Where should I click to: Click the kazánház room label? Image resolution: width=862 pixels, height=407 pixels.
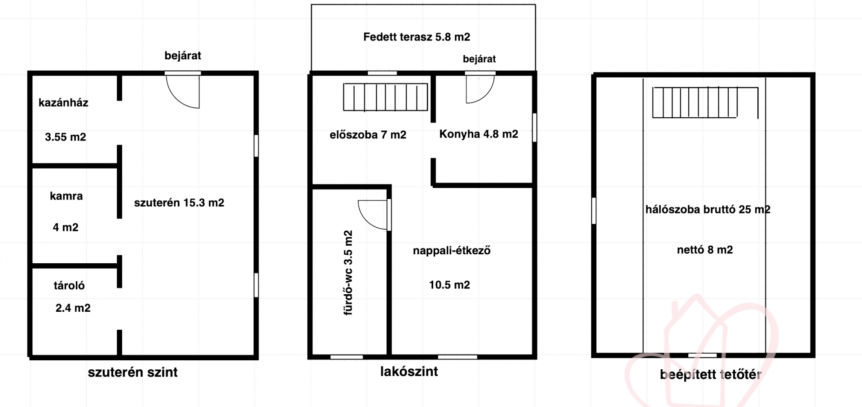[63, 103]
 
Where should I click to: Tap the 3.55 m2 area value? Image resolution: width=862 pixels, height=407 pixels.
[66, 137]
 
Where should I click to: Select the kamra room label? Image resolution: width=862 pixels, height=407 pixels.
[66, 196]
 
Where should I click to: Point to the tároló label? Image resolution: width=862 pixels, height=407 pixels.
[69, 285]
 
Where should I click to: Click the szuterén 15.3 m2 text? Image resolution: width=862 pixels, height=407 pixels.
[179, 203]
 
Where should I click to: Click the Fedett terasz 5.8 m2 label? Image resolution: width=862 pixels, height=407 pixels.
[417, 37]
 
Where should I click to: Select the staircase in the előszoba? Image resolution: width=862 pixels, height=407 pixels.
[385, 97]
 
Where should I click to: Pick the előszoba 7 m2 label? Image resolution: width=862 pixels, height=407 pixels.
[368, 135]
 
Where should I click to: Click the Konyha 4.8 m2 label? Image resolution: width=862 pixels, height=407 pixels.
[479, 134]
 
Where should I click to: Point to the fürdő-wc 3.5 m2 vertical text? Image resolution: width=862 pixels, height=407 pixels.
[348, 273]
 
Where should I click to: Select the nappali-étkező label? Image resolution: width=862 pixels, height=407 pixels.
[452, 251]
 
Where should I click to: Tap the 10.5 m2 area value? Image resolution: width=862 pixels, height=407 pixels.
[449, 285]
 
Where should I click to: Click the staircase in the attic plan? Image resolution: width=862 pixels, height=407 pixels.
[705, 102]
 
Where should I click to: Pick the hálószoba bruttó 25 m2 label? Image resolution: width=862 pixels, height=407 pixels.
[708, 209]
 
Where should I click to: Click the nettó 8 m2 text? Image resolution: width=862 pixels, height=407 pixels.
[705, 250]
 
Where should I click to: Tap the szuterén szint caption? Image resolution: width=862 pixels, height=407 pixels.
[133, 372]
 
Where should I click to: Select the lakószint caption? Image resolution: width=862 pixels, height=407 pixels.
[409, 372]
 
